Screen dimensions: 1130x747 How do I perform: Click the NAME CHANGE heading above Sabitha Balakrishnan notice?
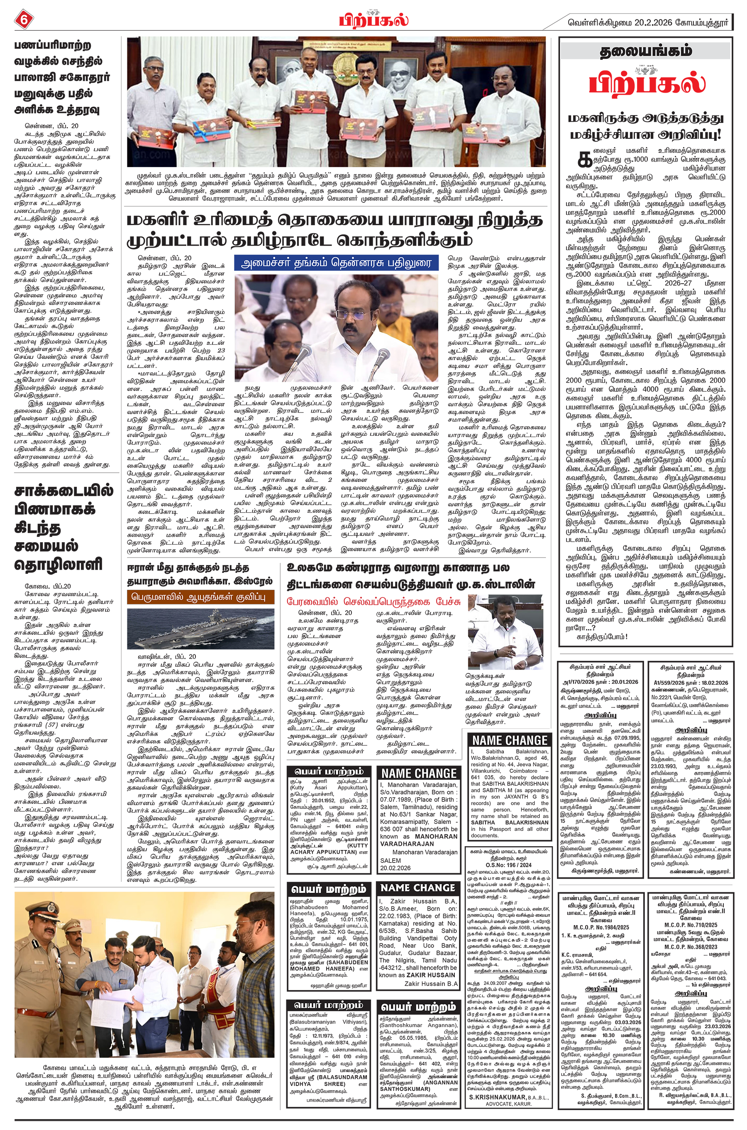point(510,740)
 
